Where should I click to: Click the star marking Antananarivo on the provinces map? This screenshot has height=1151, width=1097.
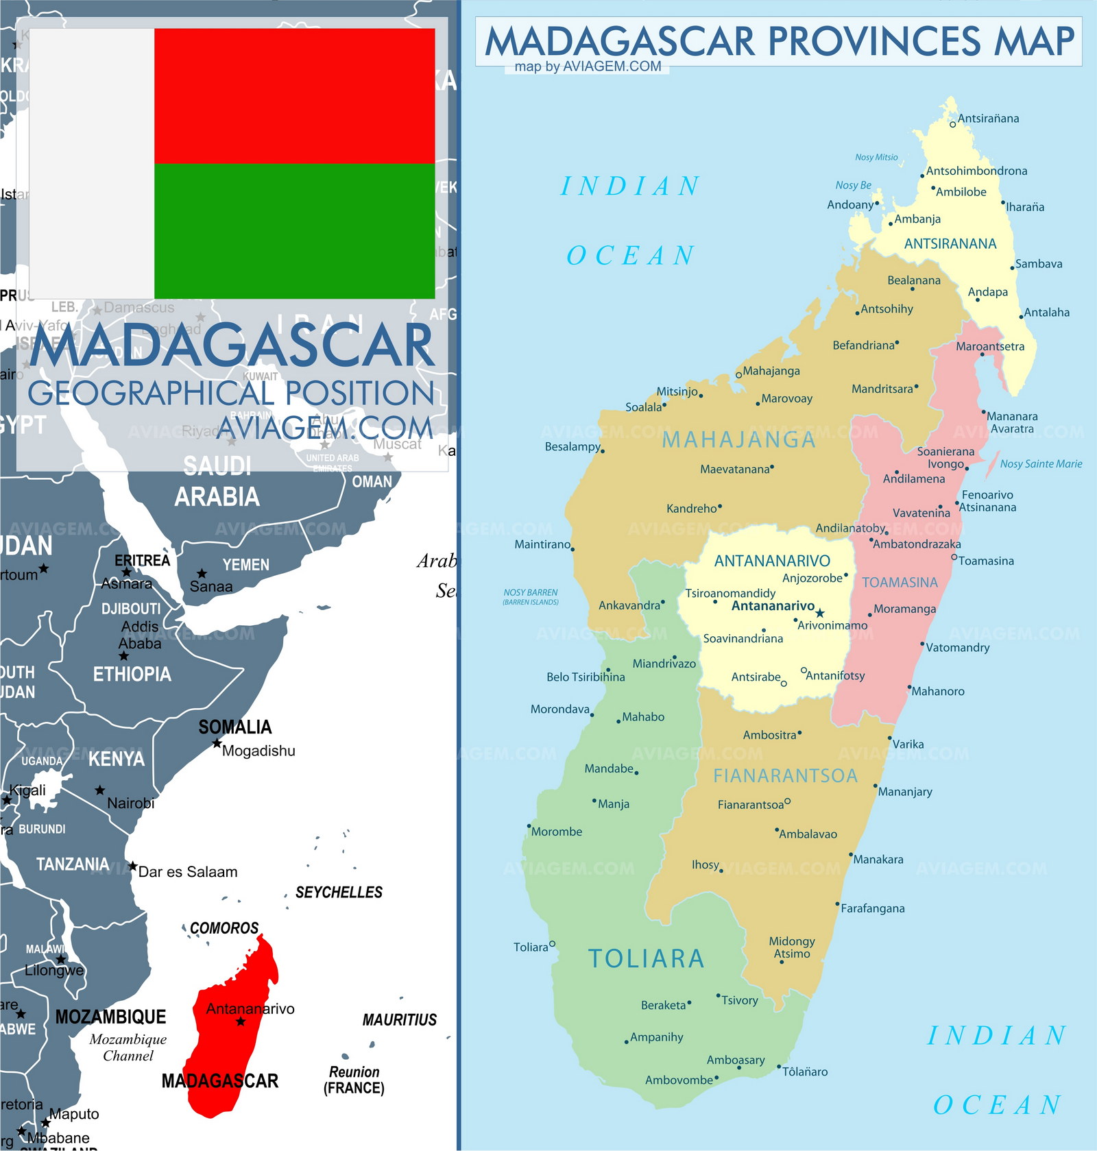819,613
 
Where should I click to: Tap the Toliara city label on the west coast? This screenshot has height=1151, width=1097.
531,947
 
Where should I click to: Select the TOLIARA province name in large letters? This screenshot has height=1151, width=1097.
646,959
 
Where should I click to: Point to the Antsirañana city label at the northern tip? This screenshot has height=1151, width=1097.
988,119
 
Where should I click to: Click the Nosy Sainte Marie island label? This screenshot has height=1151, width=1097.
1041,464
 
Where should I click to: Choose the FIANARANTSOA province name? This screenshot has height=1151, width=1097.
786,776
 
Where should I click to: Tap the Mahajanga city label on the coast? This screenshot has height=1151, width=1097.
771,371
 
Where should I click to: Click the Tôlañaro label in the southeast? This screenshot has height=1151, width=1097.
805,1071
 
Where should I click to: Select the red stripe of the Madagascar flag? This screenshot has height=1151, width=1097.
294,95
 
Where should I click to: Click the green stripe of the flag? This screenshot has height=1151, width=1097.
294,231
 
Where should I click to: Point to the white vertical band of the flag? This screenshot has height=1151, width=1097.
92,163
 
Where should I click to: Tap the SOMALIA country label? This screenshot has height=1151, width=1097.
235,727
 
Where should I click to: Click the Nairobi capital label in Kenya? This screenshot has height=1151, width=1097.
130,803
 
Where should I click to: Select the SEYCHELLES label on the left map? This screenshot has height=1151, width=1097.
339,892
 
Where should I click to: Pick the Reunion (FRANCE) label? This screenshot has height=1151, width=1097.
354,1080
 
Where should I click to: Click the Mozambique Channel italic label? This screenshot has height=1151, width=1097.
128,1047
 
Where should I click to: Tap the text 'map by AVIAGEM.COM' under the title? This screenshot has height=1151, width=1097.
588,66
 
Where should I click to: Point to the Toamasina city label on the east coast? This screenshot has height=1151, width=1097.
986,561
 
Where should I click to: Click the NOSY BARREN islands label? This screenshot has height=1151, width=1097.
531,596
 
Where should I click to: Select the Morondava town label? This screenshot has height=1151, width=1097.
559,710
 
